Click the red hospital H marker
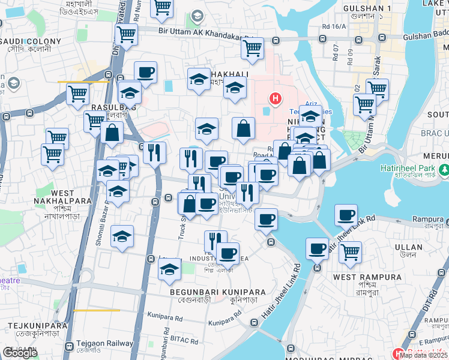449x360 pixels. point(275,98)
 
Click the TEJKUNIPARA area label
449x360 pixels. point(33,325)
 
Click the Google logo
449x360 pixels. point(20,353)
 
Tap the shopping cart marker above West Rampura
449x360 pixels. point(350,253)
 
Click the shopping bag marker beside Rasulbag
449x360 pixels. point(112,133)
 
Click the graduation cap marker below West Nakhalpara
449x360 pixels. point(122,236)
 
